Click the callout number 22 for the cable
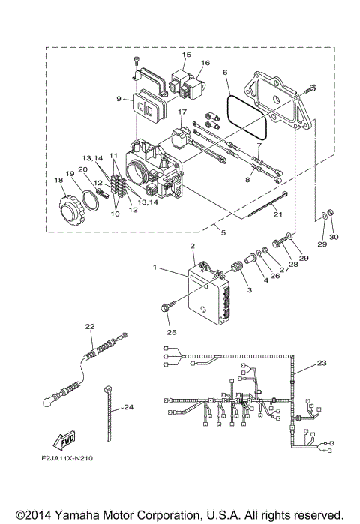pos(89,326)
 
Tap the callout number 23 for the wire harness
pos(322,363)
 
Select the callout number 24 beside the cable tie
pos(128,407)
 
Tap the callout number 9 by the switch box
pos(118,98)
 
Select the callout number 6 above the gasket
pos(225,73)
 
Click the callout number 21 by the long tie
pos(277,214)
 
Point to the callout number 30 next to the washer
pos(335,237)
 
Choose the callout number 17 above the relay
pos(181,112)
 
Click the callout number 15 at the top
pos(187,55)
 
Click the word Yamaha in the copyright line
pos(86,516)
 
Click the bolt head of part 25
pos(164,307)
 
